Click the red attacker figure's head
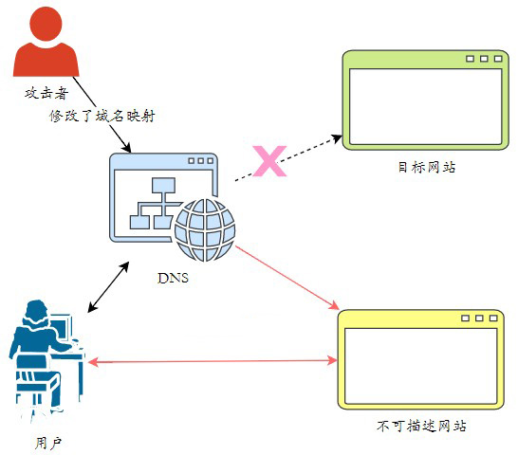pos(46,24)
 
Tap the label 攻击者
pos(46,93)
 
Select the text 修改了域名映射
pos(102,116)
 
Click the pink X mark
pos(269,161)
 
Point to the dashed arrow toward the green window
pos(288,158)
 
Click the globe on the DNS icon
pos(205,229)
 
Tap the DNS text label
pos(173,278)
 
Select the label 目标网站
pos(427,167)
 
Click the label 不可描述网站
pos(421,426)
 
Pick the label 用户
pos(48,443)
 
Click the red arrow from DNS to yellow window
pos(287,278)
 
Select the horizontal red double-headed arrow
pos(213,361)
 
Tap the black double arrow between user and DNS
pos(108,287)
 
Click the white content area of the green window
pos(425,107)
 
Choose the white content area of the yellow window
pos(421,366)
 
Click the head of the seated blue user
pos(36,312)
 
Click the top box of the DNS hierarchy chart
pos(163,185)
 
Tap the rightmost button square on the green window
pos(498,59)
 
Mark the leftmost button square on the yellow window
pos(465,318)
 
